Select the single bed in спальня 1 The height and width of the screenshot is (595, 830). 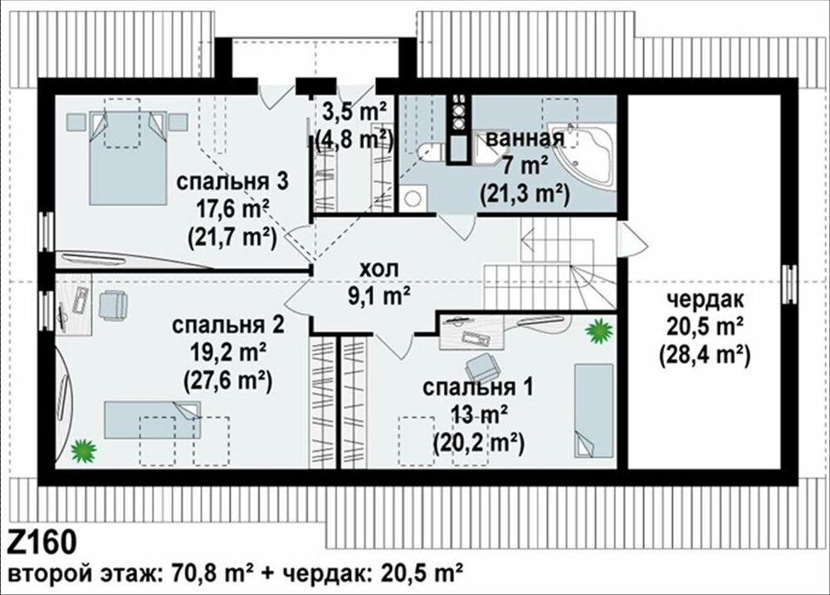pyautogui.click(x=594, y=410)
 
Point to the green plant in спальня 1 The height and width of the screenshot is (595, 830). pyautogui.click(x=599, y=331)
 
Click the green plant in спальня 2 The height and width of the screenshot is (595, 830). pyautogui.click(x=84, y=450)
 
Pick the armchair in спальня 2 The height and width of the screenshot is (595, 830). pyautogui.click(x=113, y=305)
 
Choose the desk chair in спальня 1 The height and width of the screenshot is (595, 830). pyautogui.click(x=482, y=366)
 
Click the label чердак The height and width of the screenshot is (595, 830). pyautogui.click(x=705, y=299)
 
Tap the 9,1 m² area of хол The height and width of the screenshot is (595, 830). pyautogui.click(x=379, y=296)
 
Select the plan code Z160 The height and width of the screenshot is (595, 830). pyautogui.click(x=42, y=542)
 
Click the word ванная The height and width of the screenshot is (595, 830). pyautogui.click(x=525, y=139)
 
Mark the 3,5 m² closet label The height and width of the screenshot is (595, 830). pyautogui.click(x=354, y=111)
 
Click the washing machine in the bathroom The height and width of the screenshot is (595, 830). pyautogui.click(x=413, y=198)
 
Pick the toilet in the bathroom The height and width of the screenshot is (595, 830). pyautogui.click(x=430, y=152)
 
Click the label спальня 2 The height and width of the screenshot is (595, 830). pyautogui.click(x=227, y=325)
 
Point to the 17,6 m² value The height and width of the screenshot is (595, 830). pyautogui.click(x=232, y=209)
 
